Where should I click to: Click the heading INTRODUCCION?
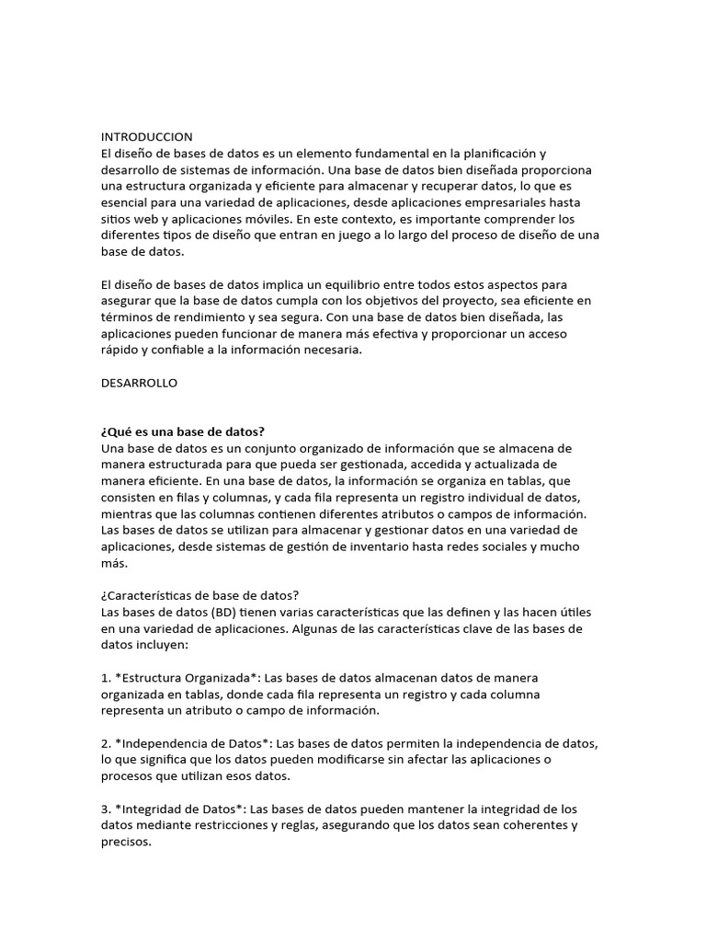pyautogui.click(x=147, y=136)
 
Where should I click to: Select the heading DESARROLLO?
pyautogui.click(x=139, y=384)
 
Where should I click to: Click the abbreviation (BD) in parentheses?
pyautogui.click(x=224, y=613)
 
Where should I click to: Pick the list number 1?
pyautogui.click(x=105, y=679)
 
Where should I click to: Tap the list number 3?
pyautogui.click(x=105, y=810)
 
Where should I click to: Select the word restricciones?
pyautogui.click(x=246, y=826)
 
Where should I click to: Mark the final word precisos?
pyautogui.click(x=126, y=843)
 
